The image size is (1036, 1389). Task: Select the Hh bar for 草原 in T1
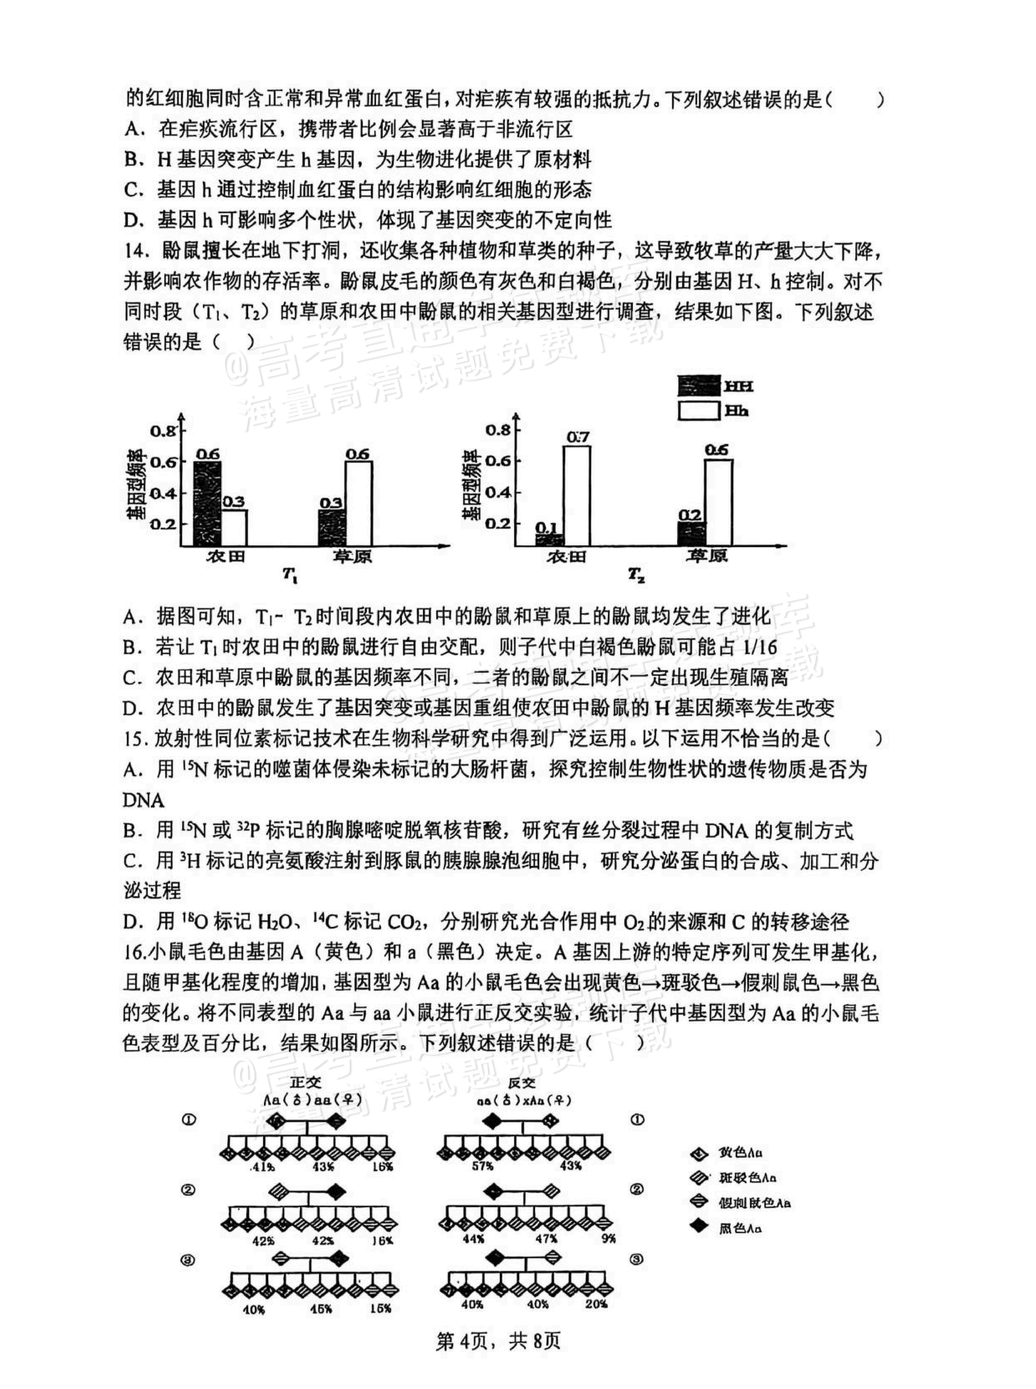[358, 503]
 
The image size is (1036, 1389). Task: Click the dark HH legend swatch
[698, 386]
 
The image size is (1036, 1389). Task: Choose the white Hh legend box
[698, 411]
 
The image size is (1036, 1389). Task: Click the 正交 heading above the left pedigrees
[305, 1082]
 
